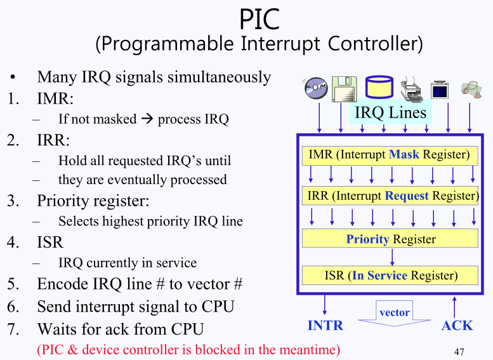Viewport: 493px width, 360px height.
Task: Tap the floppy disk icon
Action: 345,88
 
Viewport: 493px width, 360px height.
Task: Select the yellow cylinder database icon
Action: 379,87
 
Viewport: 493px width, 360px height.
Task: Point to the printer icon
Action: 412,90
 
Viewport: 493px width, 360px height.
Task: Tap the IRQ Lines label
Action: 390,113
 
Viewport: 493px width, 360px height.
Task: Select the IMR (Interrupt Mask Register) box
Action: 389,155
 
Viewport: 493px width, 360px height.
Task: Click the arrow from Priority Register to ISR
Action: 393,257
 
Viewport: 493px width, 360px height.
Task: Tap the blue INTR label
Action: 325,325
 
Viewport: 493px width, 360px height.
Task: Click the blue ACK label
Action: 457,325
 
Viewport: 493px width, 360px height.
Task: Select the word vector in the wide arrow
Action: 394,312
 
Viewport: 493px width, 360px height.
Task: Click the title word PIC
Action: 260,19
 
